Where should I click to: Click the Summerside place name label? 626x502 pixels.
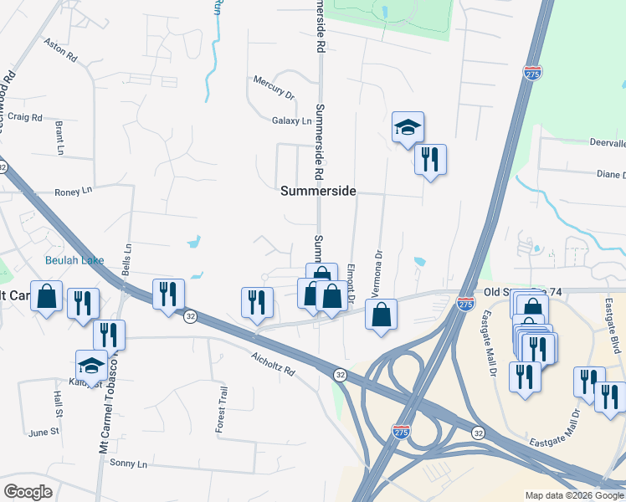tap(318, 191)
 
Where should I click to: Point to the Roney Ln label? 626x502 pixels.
tap(73, 192)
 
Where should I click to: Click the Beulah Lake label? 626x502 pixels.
tap(74, 260)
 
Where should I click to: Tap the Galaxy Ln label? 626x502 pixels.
tap(291, 120)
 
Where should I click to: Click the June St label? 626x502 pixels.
tap(44, 433)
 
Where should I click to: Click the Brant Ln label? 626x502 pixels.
tap(59, 137)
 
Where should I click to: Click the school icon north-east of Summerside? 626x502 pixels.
tap(408, 127)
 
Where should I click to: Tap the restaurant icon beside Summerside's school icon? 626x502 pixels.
tap(430, 158)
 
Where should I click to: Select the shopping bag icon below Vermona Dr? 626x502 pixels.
tap(381, 315)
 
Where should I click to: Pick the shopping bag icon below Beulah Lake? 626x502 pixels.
tap(47, 295)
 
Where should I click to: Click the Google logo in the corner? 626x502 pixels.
tap(28, 491)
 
